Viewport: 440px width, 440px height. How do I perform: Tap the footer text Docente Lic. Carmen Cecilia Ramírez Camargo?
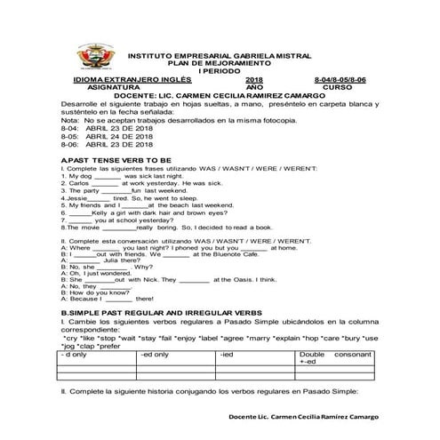coord(301,416)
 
